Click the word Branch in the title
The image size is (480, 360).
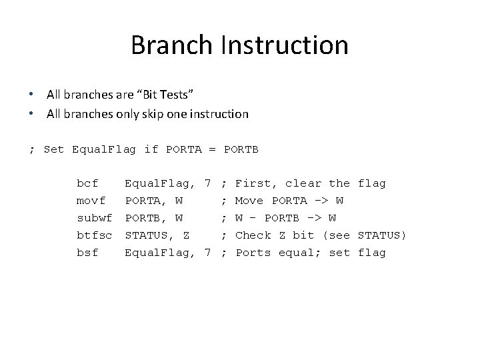169,45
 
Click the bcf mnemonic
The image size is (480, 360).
87,183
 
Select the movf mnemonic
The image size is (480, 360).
91,201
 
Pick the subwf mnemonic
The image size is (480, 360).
94,218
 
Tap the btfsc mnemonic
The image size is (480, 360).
94,235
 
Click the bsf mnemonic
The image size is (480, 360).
87,253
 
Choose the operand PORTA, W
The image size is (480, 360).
154,201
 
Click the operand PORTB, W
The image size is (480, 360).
154,218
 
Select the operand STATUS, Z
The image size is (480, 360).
157,235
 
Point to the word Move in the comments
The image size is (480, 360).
249,201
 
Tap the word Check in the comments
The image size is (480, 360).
253,235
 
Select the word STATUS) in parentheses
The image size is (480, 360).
382,235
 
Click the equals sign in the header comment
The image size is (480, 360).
212,149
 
